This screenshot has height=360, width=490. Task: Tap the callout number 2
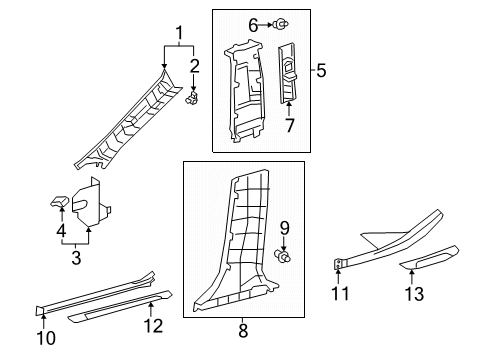pos(195,67)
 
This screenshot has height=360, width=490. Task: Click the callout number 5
pos(322,70)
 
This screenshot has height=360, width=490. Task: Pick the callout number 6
pos(253,24)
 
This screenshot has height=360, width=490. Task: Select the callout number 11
pos(340,293)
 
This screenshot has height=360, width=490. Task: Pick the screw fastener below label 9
pos(284,258)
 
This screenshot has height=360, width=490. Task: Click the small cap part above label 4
pos(58,202)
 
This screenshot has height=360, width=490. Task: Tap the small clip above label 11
pos(339,264)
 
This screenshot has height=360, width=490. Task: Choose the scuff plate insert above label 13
pos(429,262)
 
